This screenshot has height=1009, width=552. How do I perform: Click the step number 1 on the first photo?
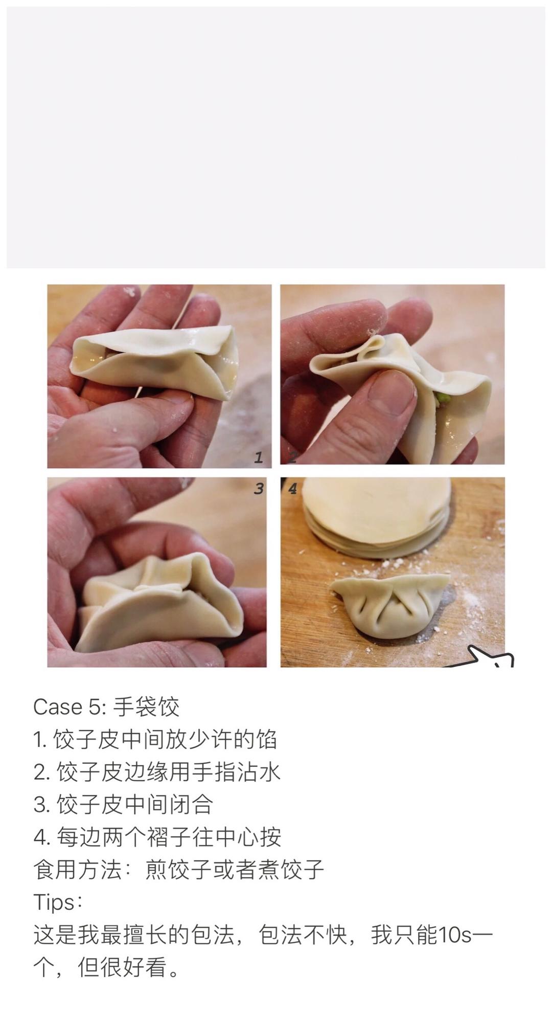coord(259,457)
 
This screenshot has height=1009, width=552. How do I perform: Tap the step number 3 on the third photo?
coord(259,489)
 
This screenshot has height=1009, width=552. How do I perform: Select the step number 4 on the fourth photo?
coord(292,489)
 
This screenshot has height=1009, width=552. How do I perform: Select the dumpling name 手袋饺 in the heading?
coord(146,707)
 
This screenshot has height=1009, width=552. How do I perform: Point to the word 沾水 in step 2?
coord(259,772)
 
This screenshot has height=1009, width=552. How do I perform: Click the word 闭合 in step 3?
coord(191,804)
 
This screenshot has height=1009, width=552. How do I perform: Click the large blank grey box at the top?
coord(276,137)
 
